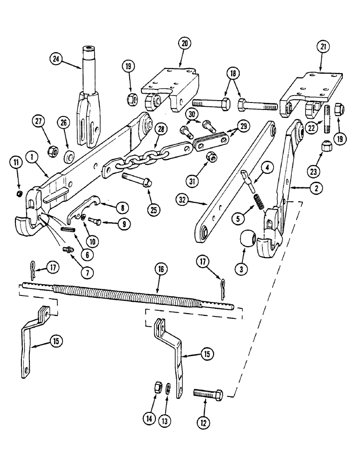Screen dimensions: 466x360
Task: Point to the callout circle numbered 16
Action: click(x=160, y=270)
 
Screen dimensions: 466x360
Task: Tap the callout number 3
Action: click(x=243, y=269)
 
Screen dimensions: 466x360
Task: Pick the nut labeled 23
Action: click(x=325, y=148)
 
